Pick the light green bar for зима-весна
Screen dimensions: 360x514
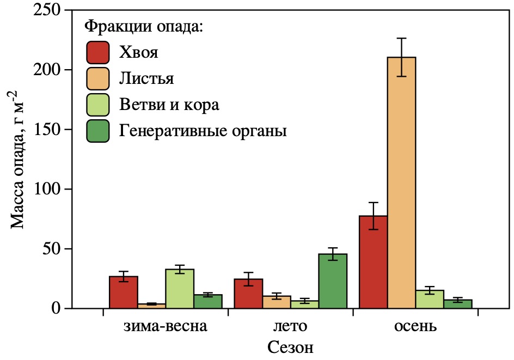[180, 289]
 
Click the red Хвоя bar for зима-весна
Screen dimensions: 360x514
[124, 292]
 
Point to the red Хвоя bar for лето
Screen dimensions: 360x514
[248, 294]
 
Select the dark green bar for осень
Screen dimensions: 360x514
[457, 304]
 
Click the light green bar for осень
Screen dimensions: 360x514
[429, 300]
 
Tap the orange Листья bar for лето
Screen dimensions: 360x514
[277, 302]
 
